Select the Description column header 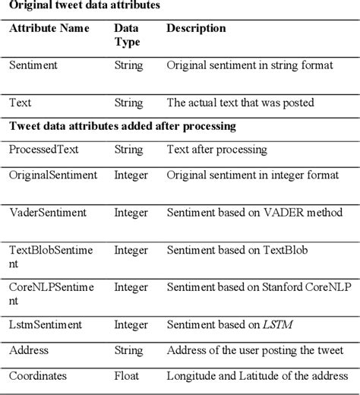point(196,29)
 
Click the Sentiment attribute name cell point(35,65)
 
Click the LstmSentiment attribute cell point(44,326)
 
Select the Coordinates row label point(39,375)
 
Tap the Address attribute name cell point(28,351)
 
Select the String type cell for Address point(128,351)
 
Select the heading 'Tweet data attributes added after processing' point(122,125)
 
